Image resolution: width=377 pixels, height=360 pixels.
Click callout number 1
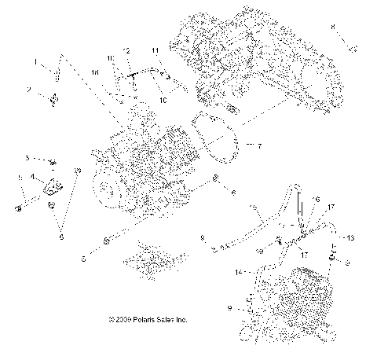35,61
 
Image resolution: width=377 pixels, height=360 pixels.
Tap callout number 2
29,90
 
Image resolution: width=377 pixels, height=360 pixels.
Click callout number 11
156,51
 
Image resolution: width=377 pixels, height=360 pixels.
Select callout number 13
350,237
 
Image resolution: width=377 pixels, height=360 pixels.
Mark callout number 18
96,72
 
